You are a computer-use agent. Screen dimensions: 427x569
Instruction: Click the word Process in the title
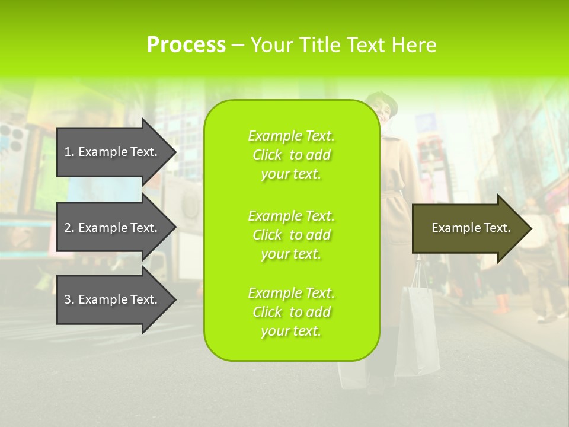pos(186,45)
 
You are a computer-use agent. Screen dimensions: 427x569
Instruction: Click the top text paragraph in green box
pos(291,155)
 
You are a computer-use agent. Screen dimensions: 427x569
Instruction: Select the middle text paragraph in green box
pos(291,235)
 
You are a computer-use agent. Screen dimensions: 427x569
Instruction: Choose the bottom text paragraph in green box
pos(291,312)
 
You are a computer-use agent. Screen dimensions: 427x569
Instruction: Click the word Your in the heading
pos(270,45)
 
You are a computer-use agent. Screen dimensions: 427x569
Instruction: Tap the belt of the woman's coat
pos(397,196)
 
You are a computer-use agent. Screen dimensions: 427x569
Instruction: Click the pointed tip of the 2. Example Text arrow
pos(175,228)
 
